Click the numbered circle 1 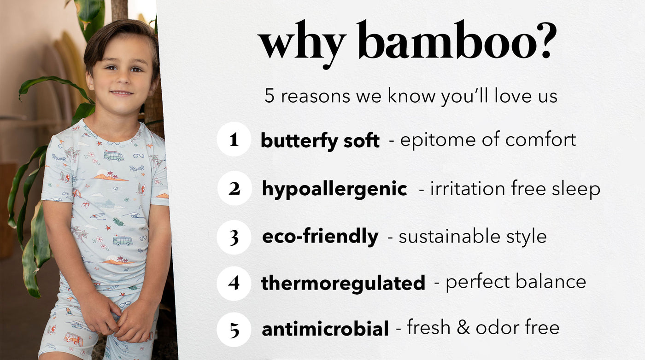234,139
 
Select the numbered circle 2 235,188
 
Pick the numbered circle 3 234,237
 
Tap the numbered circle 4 234,284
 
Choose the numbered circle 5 234,330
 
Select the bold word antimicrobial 325,329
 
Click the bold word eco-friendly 320,237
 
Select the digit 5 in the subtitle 269,96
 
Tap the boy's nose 122,80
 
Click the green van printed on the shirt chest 114,156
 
